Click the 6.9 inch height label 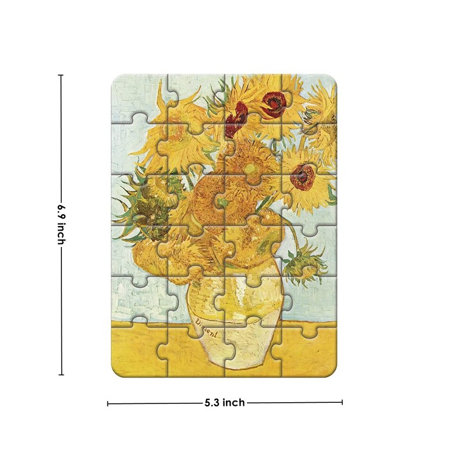click(x=61, y=225)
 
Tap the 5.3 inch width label click(x=225, y=402)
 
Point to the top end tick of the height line click(x=61, y=75)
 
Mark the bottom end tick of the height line click(x=61, y=374)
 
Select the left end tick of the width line click(x=108, y=402)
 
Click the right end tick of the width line click(x=342, y=402)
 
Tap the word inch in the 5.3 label click(x=233, y=402)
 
